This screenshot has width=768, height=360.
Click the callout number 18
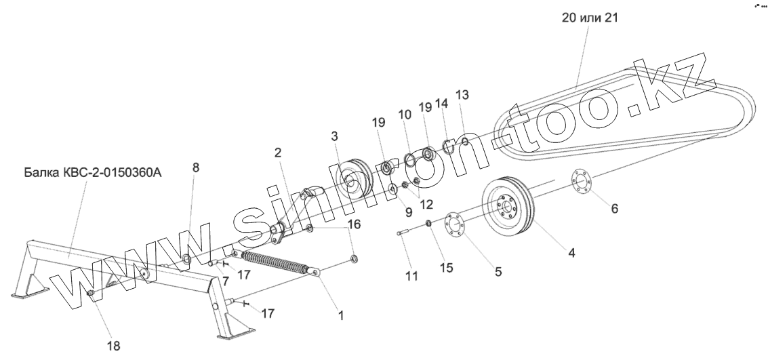pos(113,345)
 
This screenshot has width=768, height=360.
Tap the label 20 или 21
pos(590,18)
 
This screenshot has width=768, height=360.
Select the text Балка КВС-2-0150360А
pos(93,174)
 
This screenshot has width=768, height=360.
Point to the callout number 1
pos(341,316)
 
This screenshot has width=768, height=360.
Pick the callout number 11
pos(412,276)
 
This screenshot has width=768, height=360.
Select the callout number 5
pos(498,273)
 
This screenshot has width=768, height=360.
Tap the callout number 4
pos(571,254)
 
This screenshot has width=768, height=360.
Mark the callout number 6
pos(614,209)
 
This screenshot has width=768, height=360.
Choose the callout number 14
pos(442,103)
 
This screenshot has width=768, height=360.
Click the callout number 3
pos(334,136)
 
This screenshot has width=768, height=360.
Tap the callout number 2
pos(278,153)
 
